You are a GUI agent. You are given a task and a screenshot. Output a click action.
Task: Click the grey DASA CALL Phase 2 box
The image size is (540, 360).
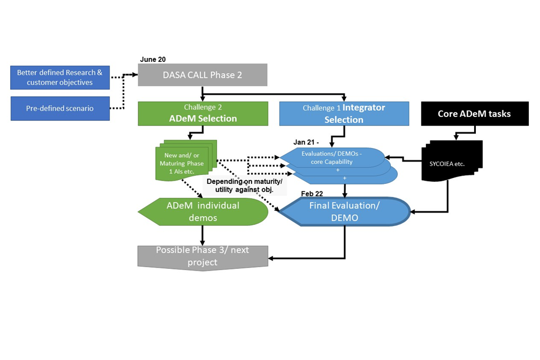(202, 75)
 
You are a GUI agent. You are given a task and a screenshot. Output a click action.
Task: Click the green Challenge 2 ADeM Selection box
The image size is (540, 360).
(202, 113)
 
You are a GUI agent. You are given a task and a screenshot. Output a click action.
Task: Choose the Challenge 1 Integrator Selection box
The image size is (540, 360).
(344, 113)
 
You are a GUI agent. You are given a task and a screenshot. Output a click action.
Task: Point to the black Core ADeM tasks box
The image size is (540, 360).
(474, 113)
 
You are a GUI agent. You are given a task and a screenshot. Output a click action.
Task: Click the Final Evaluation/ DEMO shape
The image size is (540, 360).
(344, 212)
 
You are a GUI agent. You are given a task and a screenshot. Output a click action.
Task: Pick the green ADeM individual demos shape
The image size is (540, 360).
(202, 211)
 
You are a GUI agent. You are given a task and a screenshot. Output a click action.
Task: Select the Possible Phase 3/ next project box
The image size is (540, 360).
(202, 256)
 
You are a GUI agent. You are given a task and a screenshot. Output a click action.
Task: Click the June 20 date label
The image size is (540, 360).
(153, 59)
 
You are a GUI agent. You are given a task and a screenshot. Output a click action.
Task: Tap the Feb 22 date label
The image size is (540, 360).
(312, 193)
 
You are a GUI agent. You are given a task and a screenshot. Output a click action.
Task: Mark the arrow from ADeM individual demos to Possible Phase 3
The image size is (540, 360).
(202, 235)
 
